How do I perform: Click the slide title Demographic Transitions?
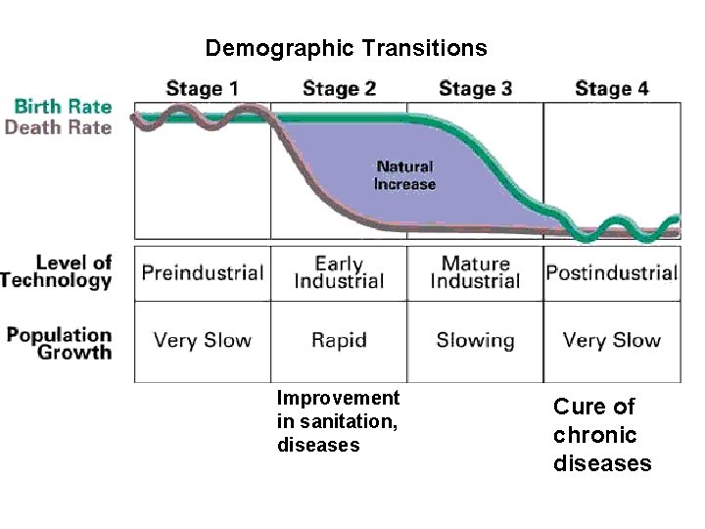coord(346,48)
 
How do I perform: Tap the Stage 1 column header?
coord(202,88)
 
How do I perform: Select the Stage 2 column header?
coord(339,88)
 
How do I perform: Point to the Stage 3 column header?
coord(475,88)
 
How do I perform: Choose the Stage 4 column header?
coord(611,88)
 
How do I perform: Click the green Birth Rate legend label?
coord(63,107)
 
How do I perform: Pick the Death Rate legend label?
coord(59,126)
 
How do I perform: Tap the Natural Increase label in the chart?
coord(404,175)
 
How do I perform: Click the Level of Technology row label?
coord(59,271)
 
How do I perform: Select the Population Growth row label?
coord(59,343)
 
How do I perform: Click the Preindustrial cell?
coord(203,272)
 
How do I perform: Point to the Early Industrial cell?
coord(339,272)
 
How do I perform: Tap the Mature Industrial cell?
coord(475,272)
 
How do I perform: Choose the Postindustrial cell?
coord(611,272)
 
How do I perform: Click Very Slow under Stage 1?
coord(203,341)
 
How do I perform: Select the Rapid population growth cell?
coord(339,341)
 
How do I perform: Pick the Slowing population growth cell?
coord(475,341)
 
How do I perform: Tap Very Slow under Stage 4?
coord(611,341)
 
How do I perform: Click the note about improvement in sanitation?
coord(338,421)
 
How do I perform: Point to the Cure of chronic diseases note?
coord(601,434)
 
